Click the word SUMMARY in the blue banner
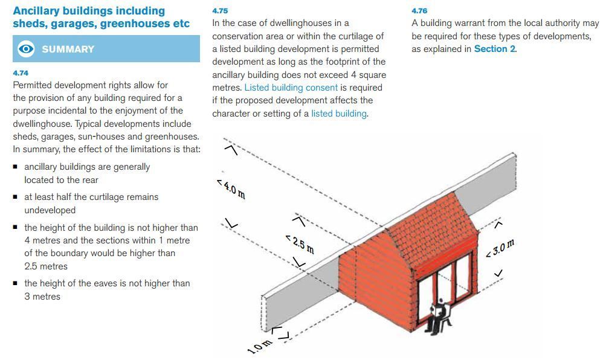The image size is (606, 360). [x=68, y=50]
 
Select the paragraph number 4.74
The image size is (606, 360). [x=21, y=72]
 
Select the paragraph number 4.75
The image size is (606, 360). [x=220, y=11]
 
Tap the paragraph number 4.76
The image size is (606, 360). [x=419, y=11]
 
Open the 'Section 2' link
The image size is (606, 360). [x=494, y=49]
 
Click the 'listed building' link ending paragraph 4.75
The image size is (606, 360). [x=338, y=114]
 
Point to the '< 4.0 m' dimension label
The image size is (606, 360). [x=231, y=188]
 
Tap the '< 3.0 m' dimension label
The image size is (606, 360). [x=500, y=248]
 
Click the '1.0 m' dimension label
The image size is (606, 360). [x=259, y=346]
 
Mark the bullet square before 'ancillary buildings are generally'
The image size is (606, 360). [x=16, y=167]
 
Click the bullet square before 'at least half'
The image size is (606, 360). [x=16, y=197]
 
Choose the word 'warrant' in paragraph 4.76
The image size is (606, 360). [x=475, y=23]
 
